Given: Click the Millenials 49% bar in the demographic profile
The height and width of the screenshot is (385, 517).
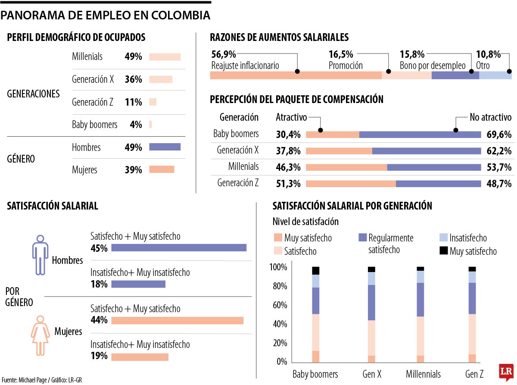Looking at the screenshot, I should click(165, 57).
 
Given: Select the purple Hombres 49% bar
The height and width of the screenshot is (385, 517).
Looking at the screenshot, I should click(165, 147).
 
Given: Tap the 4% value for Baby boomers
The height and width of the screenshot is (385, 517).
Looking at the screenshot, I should click(136, 125).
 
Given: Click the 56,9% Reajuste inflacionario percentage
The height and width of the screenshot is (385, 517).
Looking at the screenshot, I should click(224, 54).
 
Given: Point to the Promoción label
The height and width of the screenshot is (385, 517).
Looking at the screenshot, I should click(346, 66).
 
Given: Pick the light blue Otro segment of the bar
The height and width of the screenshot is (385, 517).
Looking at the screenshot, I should click(495, 75).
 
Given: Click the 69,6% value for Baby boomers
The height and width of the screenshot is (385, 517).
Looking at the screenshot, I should click(498, 134).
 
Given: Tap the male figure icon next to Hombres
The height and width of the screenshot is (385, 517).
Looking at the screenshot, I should click(40, 255).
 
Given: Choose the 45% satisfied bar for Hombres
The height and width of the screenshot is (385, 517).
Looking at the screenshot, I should click(179, 247).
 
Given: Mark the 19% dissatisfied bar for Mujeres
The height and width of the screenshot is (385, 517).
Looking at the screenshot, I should click(140, 357).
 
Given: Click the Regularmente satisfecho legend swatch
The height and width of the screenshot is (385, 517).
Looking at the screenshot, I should click(362, 238).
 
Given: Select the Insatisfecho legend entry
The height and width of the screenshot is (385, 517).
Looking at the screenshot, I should click(463, 238).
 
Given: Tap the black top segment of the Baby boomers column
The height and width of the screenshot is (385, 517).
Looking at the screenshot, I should click(316, 270).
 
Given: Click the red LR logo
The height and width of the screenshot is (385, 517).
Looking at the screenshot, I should click(506, 371).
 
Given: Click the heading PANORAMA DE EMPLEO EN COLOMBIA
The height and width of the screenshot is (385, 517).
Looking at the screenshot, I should click(106, 16).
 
